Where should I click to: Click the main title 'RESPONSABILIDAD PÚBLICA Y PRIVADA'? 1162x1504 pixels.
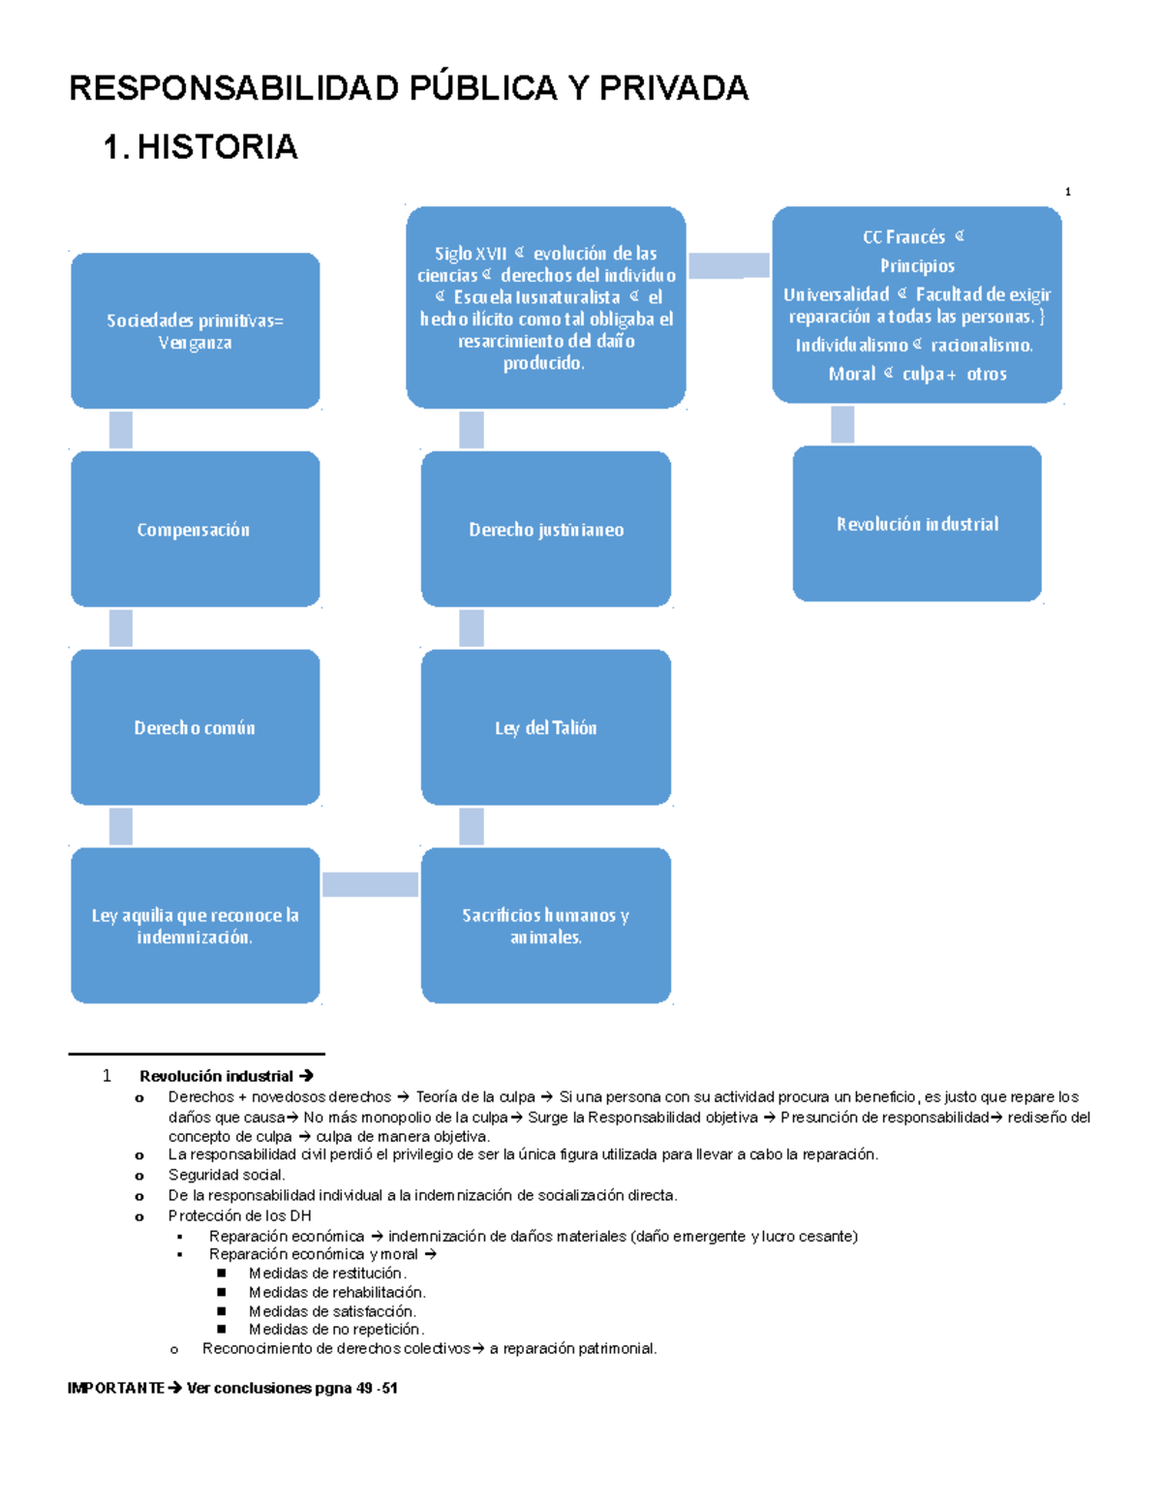coord(408,88)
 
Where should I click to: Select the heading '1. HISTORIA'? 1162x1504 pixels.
coord(200,147)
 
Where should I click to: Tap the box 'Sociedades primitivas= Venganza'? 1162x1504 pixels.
coord(195,331)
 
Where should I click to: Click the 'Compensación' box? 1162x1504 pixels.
coord(195,529)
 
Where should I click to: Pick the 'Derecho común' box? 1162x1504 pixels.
coord(195,727)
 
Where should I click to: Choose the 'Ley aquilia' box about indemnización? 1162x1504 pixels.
coord(195,926)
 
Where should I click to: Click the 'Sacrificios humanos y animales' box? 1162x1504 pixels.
coord(545,926)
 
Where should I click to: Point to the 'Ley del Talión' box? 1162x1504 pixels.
coord(545,727)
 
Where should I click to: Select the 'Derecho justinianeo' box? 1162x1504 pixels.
coord(545,529)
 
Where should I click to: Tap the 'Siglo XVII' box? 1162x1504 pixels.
coord(545,307)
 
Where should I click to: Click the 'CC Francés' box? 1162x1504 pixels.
coord(916,305)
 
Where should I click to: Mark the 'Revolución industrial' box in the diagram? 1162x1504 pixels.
coord(916,524)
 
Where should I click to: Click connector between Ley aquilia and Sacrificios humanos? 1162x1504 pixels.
coord(370,884)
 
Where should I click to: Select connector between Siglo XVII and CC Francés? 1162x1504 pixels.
coord(728,265)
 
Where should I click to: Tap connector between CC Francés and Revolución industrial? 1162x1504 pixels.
coord(842,424)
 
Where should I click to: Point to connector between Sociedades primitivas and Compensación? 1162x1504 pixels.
coord(121,430)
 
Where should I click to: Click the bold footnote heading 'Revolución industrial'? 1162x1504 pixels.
coord(216,1076)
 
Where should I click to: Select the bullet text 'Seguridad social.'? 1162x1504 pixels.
coord(227,1175)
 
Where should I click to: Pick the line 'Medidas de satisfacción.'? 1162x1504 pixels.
coord(332,1311)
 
